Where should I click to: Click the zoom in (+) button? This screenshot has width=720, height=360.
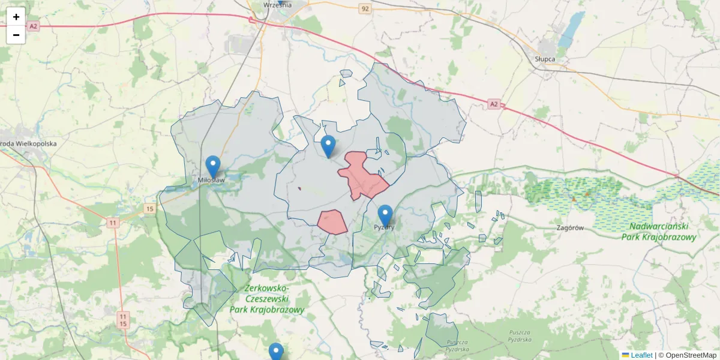pyautogui.click(x=16, y=17)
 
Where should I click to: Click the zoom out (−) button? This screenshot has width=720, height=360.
pyautogui.click(x=16, y=35)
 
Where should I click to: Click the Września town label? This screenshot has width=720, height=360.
pyautogui.click(x=277, y=5)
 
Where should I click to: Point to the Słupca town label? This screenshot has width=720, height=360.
pyautogui.click(x=545, y=59)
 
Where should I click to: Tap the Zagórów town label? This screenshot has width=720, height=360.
pyautogui.click(x=570, y=228)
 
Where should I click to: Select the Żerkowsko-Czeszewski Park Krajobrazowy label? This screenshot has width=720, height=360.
pyautogui.click(x=267, y=299)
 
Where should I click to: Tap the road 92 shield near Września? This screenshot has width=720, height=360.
pyautogui.click(x=365, y=8)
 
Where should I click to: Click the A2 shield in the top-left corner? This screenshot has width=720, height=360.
pyautogui.click(x=32, y=26)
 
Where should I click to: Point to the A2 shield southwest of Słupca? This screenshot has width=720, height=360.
pyautogui.click(x=493, y=104)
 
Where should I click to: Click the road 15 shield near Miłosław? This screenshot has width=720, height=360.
pyautogui.click(x=149, y=209)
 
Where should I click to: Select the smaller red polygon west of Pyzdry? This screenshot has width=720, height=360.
pyautogui.click(x=332, y=222)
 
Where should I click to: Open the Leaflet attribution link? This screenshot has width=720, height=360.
pyautogui.click(x=641, y=355)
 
